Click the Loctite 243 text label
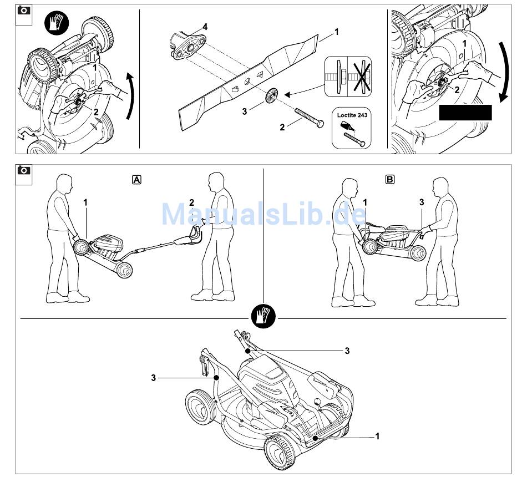point(352,115)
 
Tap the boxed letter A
point(136,180)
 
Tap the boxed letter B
point(389,180)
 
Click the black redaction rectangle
point(465,113)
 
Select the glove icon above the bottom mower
point(263,317)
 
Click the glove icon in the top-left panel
point(57,22)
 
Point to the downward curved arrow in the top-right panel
point(504,72)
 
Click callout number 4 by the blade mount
point(205,27)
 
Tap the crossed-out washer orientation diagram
point(359,77)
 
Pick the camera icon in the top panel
point(23,11)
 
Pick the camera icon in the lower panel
point(23,170)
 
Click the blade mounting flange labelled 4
point(188,46)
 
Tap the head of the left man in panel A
point(64,184)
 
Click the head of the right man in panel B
point(440,187)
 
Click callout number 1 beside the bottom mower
point(377,436)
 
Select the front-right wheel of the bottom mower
point(280,453)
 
